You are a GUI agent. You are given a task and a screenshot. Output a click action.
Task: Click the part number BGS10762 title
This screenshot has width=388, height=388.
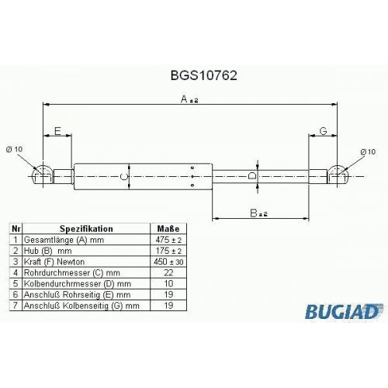pyautogui.click(x=203, y=76)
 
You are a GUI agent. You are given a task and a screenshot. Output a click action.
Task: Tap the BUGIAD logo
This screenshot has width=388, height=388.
pyautogui.click(x=343, y=312)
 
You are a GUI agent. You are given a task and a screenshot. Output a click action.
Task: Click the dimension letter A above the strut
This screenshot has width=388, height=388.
pyautogui.click(x=184, y=99)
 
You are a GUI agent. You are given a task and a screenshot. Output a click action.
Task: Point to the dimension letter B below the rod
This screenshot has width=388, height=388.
pyautogui.click(x=254, y=213)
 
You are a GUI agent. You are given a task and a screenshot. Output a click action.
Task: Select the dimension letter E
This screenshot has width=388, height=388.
pyautogui.click(x=57, y=131)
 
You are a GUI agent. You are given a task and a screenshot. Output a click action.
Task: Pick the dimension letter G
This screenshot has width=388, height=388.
pyautogui.click(x=324, y=131)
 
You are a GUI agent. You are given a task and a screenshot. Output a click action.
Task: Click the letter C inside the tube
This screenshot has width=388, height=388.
pyautogui.click(x=124, y=177)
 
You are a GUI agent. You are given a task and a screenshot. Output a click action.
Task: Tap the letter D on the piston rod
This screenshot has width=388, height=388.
pyautogui.click(x=251, y=176)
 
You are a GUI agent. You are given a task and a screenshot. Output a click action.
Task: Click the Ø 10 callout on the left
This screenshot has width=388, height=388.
pyautogui.click(x=14, y=149)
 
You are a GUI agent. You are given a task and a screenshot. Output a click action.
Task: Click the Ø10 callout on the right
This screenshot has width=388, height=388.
pyautogui.click(x=368, y=152)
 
